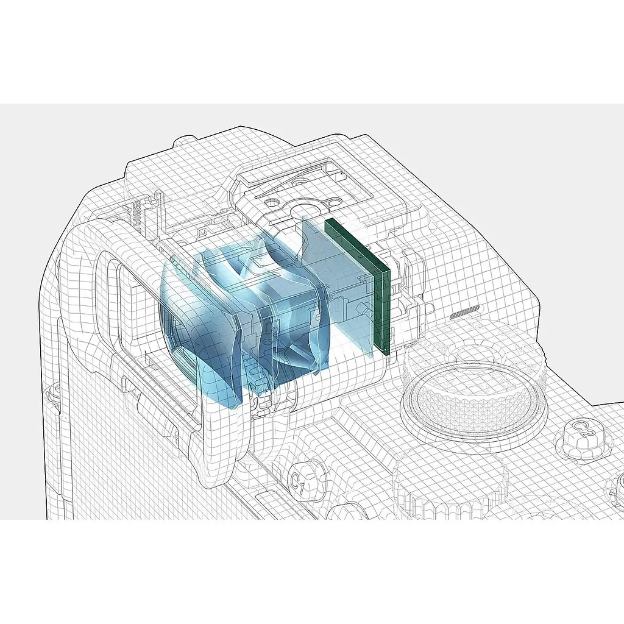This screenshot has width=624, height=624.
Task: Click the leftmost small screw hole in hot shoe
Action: [x=272, y=202]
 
